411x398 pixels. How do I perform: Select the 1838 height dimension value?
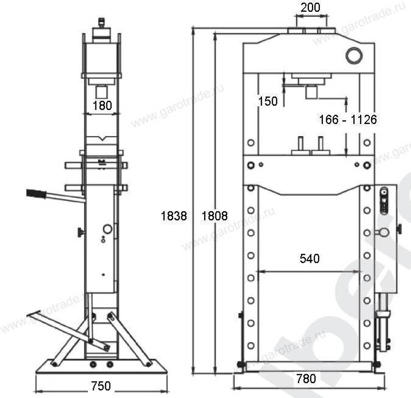174,216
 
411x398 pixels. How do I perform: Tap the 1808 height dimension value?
215,216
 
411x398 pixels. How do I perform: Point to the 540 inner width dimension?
309,258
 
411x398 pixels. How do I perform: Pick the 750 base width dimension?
101,386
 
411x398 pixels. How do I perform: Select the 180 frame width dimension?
102,105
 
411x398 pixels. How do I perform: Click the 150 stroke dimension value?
268,101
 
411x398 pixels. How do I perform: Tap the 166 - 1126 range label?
348,120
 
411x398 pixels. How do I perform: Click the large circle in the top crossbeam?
353,56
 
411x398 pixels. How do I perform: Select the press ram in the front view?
311,91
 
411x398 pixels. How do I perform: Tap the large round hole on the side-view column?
108,229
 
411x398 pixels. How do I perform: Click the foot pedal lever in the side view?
62,327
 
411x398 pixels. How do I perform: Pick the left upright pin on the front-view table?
301,144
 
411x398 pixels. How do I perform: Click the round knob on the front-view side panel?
384,233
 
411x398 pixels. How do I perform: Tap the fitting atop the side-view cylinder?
100,21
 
